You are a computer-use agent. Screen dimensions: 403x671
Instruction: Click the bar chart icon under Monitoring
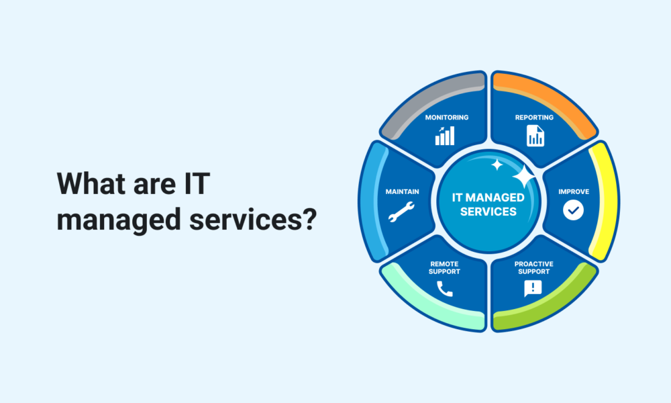[x=445, y=136]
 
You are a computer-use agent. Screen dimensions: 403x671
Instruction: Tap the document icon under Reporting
[x=535, y=136]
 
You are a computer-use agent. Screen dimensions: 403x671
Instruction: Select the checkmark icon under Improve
[x=573, y=211]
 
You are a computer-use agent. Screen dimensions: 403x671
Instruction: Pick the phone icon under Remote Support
[x=444, y=289]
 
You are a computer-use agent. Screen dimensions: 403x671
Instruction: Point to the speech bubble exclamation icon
[x=533, y=289]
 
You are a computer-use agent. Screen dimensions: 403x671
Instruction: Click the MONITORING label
[x=447, y=118]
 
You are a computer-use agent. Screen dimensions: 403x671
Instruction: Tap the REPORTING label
[x=534, y=118]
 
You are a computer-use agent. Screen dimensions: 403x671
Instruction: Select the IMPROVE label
[x=574, y=191]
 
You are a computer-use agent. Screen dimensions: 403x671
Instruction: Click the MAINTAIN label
[x=403, y=191]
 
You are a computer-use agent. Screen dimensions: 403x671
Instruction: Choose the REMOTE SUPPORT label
[x=445, y=267]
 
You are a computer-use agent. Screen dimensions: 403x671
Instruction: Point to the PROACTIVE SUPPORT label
[x=533, y=267]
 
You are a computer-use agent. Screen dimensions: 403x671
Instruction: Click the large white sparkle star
[x=523, y=177]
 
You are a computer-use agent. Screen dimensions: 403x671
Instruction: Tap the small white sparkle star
[x=497, y=164]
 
